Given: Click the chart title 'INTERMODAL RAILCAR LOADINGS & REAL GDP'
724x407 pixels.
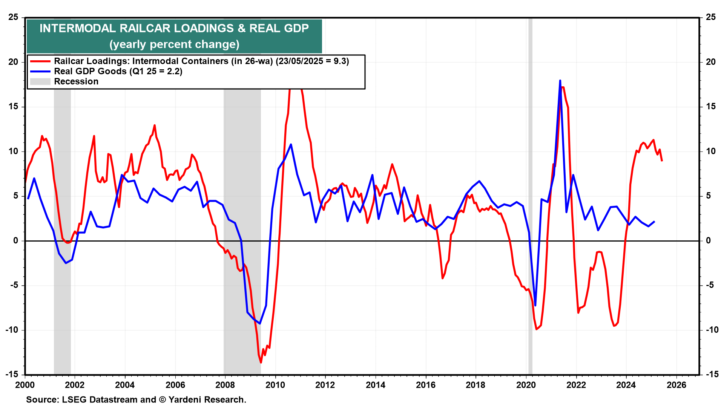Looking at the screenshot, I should tap(174, 28).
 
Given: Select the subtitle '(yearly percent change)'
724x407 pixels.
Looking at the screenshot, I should tap(174, 44).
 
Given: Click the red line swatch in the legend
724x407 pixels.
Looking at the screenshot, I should tap(40, 61).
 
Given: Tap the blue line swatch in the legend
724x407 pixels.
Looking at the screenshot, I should tap(40, 72).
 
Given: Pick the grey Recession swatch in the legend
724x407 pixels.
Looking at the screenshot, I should tap(40, 82).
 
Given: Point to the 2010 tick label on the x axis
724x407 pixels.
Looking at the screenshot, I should tap(275, 385).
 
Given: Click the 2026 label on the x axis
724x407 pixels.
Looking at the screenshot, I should tap(676, 385).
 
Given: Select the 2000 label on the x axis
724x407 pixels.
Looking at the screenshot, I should tap(25, 385).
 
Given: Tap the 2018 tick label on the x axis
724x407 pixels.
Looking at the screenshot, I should tap(476, 385).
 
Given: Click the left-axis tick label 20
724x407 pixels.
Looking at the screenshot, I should tap(13, 62).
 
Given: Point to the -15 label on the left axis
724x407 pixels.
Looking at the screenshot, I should tap(12, 375).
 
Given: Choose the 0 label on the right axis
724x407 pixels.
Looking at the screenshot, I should tap(708, 240).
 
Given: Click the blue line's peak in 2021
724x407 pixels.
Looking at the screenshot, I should tap(560, 81).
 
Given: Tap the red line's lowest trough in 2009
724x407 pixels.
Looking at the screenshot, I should tap(261, 363).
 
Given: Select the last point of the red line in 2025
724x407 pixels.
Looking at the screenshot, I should tap(662, 161).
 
